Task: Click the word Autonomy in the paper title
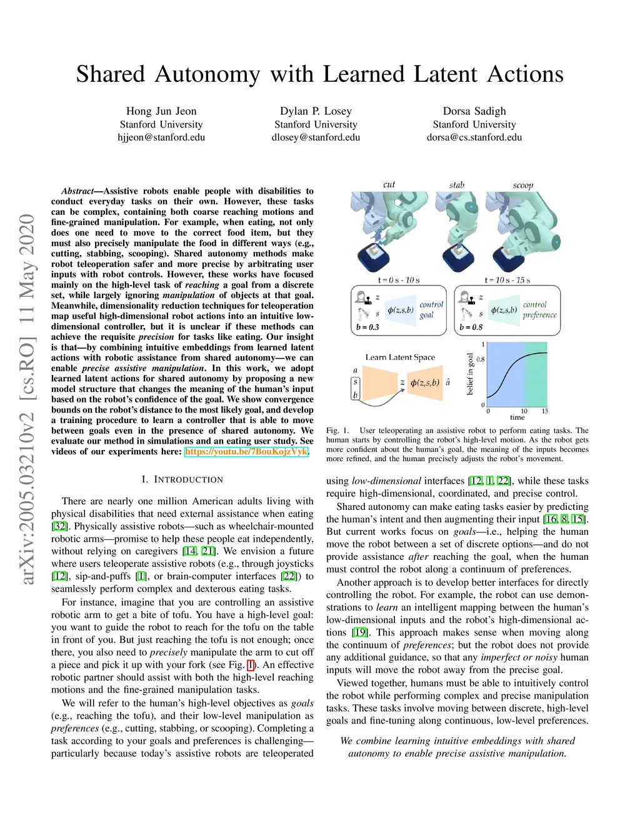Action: pos(207,74)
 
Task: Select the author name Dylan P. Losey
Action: pos(316,111)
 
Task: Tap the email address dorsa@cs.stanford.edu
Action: pos(474,137)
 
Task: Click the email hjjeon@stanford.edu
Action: pos(161,137)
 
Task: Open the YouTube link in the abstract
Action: pos(246,451)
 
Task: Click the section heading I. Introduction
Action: pos(182,480)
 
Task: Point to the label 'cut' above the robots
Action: pos(389,184)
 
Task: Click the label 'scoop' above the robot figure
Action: pos(523,185)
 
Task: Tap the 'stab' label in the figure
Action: pos(457,185)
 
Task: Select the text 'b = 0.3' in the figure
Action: pos(367,327)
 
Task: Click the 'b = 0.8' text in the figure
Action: pos(471,327)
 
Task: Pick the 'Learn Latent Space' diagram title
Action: pos(400,357)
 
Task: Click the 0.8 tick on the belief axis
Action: pos(481,359)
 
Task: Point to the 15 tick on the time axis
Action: pos(545,411)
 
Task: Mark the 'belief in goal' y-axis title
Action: pos(470,374)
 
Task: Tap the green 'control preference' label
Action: pos(539,310)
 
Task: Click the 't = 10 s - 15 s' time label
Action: pos(507,280)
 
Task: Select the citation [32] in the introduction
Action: pos(60,526)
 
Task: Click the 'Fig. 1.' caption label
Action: pos(337,431)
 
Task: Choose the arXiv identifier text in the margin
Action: pos(27,400)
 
